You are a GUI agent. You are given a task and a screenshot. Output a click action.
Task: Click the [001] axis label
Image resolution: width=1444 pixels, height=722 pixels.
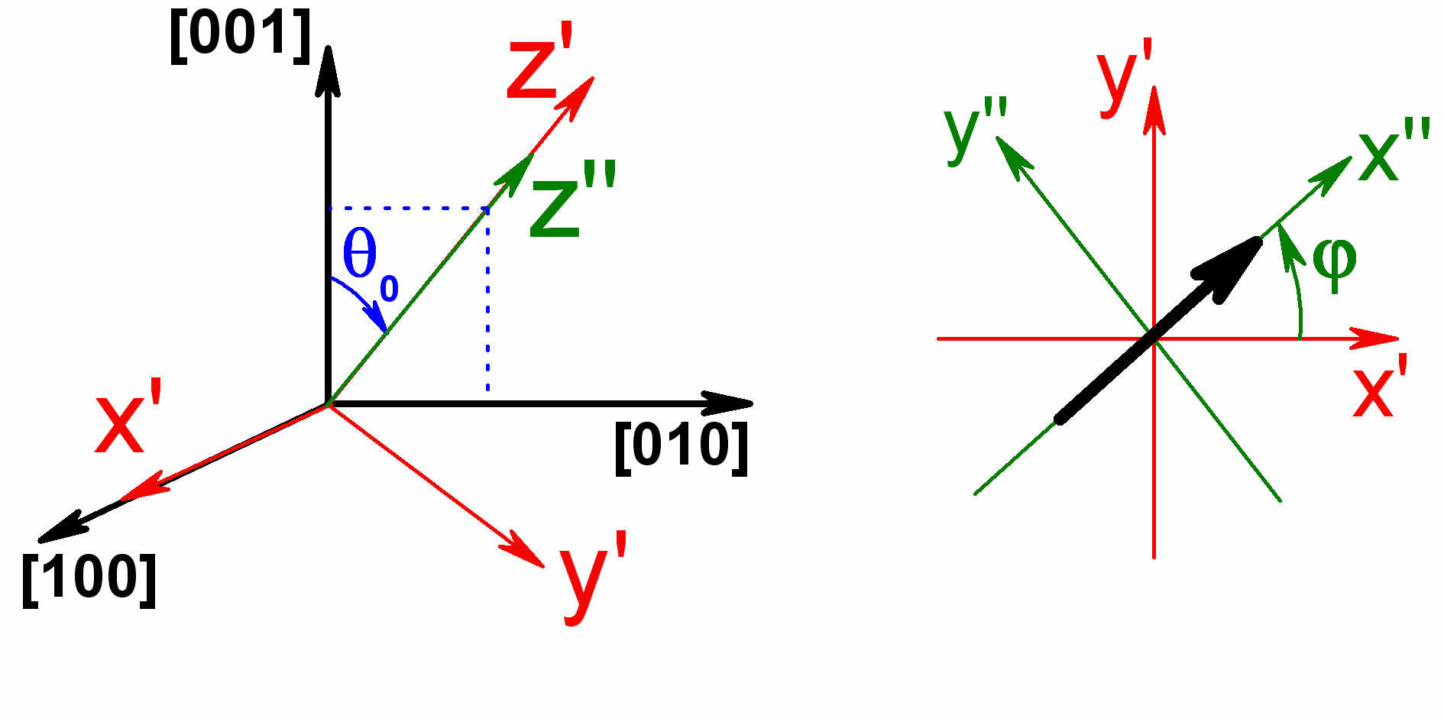pyautogui.click(x=240, y=35)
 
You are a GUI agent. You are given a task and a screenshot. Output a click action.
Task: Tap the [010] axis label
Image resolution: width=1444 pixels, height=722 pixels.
pyautogui.click(x=682, y=447)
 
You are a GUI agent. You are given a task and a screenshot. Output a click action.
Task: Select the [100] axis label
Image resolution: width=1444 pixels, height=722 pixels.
pyautogui.click(x=89, y=578)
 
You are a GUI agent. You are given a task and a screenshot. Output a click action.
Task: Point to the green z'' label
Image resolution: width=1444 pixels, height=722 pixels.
pyautogui.click(x=572, y=200)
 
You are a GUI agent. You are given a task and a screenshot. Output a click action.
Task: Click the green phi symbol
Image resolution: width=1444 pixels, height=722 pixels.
pyautogui.click(x=1334, y=262)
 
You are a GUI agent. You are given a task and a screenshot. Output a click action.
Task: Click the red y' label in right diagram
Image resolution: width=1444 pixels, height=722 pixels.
pyautogui.click(x=1123, y=77)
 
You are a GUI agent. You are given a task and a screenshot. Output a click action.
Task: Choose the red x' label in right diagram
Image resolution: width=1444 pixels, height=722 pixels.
pyautogui.click(x=1379, y=387)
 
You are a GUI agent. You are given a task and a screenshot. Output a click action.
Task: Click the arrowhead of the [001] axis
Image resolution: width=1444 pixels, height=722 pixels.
pyautogui.click(x=328, y=69)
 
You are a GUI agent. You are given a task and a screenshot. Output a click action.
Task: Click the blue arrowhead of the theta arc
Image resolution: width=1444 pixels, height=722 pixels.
pyautogui.click(x=377, y=318)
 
